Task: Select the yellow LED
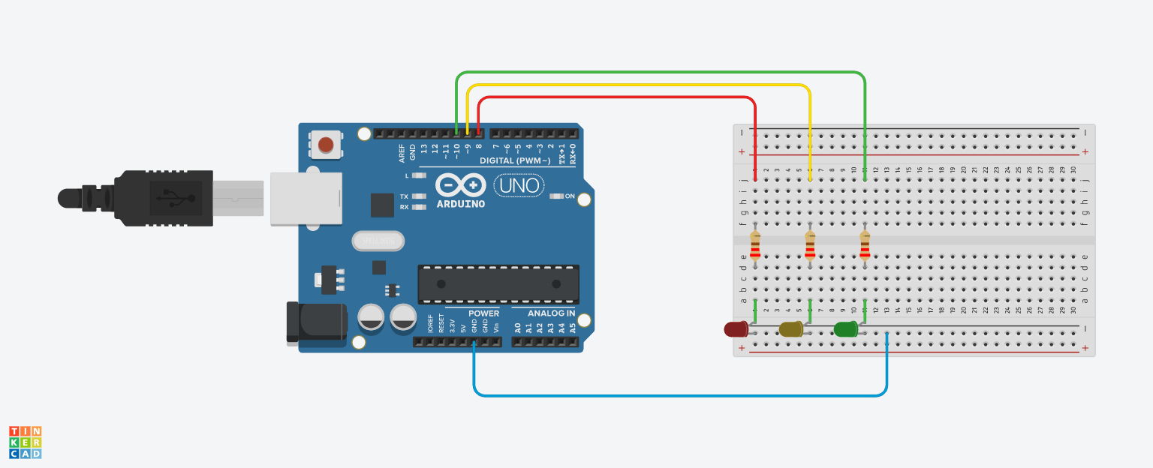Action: (790, 328)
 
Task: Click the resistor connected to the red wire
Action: (755, 245)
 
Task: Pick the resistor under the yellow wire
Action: (810, 245)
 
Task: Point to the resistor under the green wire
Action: (865, 245)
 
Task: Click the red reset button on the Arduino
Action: (326, 144)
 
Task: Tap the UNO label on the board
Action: (519, 185)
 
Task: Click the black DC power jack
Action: (317, 323)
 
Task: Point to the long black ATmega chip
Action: (498, 283)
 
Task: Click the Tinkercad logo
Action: (26, 442)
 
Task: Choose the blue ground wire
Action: (676, 394)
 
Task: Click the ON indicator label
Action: (570, 196)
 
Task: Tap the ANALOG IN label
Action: (551, 313)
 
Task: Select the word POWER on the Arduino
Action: (483, 313)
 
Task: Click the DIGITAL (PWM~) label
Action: (515, 160)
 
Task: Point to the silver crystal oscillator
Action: (378, 241)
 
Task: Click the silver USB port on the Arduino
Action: (306, 198)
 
